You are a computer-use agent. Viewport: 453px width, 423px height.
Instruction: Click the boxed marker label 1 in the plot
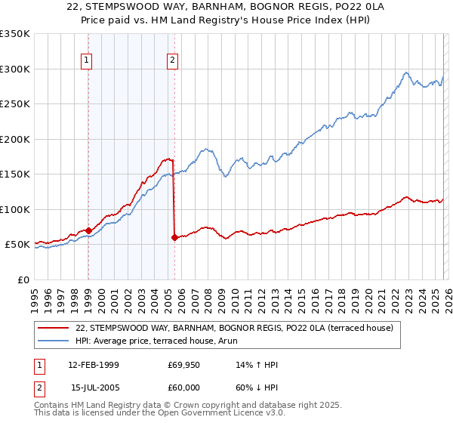tap(87, 61)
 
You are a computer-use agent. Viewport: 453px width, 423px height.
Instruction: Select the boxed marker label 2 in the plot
tap(173, 61)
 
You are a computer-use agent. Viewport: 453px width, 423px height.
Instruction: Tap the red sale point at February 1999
tap(89, 230)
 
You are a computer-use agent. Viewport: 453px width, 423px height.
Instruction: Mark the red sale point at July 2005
tap(174, 237)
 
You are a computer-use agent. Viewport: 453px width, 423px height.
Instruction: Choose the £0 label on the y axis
tap(24, 279)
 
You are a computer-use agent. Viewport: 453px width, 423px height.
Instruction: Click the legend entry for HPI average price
tap(167, 341)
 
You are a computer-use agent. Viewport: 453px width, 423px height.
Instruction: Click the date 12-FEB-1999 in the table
tap(98, 365)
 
